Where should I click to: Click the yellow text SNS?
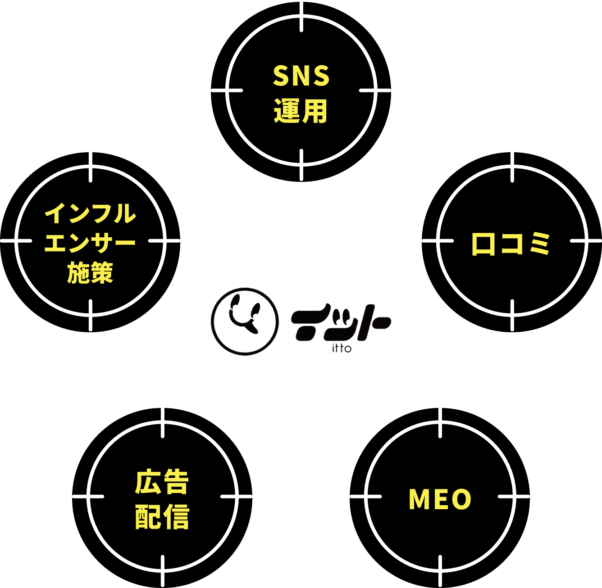point(301,76)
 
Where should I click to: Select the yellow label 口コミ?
point(511,244)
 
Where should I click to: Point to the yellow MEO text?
point(440,499)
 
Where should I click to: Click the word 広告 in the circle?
point(162,482)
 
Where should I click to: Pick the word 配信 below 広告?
point(162,516)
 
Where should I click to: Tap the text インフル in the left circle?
point(90,213)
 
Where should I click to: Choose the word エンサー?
point(90,243)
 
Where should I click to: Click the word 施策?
point(90,272)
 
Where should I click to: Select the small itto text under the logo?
point(342,349)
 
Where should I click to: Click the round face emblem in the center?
point(245,321)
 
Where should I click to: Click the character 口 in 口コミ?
point(483,244)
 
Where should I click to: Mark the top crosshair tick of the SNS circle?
point(301,16)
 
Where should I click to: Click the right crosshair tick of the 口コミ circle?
point(586,240)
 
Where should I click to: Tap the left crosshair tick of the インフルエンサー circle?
point(16,240)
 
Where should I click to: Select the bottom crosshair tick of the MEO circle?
point(440,571)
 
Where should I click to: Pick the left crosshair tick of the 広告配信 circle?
point(88,497)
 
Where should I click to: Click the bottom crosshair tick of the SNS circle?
point(301,165)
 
